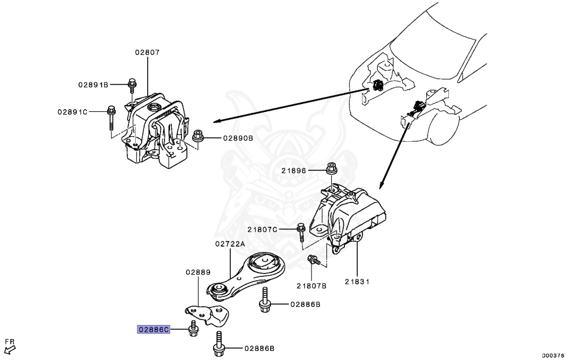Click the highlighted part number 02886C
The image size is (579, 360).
tap(154, 329)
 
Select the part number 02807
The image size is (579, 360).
tap(147, 52)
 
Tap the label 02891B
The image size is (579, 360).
tap(93, 85)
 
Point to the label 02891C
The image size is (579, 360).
tap(72, 112)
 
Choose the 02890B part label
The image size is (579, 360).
tap(237, 137)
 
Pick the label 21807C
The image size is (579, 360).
tap(262, 229)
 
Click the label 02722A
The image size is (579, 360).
tap(230, 244)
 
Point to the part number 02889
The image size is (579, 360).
tap(197, 272)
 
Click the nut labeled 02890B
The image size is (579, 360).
tap(198, 136)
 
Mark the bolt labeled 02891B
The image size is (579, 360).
tap(132, 85)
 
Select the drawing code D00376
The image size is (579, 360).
tap(553, 355)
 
